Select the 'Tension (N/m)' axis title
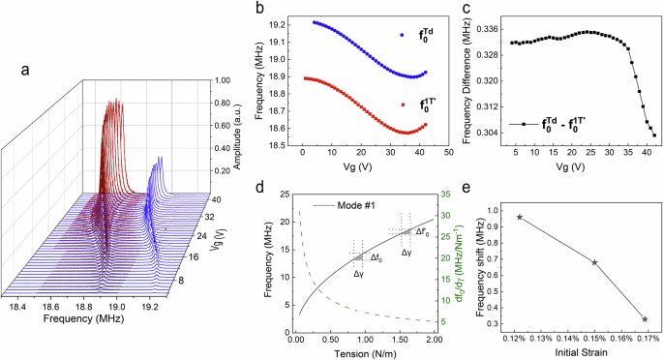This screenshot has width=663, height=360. tap(365, 353)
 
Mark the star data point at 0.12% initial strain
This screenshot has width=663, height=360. tap(520, 218)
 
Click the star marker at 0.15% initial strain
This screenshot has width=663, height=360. tap(594, 262)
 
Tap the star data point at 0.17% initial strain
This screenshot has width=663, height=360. tap(645, 318)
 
